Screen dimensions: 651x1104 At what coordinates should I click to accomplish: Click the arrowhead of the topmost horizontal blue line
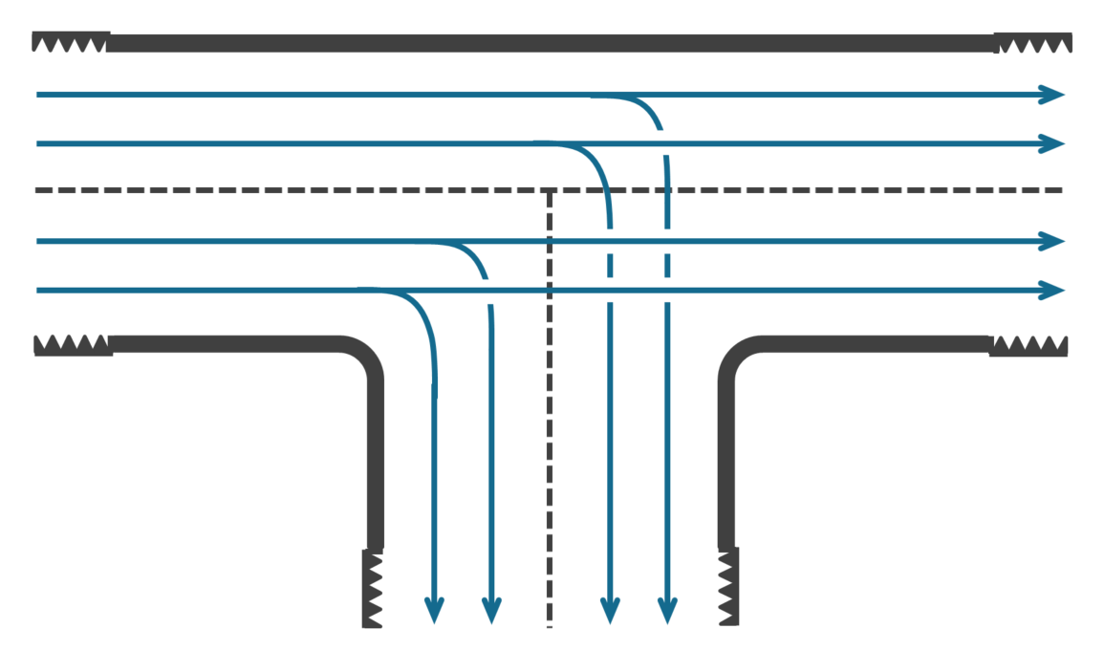[x=1053, y=95]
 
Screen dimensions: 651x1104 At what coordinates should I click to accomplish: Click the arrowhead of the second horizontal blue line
[x=1053, y=143]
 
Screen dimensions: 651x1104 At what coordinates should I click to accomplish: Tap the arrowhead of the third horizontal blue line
[x=1053, y=241]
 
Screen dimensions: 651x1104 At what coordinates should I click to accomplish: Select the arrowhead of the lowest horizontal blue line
[x=1053, y=290]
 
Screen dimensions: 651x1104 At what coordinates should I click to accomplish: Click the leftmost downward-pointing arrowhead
[x=434, y=610]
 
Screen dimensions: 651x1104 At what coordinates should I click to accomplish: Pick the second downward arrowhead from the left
[x=491, y=610]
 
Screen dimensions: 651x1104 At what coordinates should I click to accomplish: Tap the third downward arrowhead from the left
[x=610, y=610]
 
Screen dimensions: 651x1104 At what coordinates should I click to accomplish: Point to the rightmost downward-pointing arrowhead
[x=667, y=610]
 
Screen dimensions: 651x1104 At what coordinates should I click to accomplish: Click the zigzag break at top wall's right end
[x=1032, y=42]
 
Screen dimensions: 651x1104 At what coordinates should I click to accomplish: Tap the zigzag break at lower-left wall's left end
[x=73, y=344]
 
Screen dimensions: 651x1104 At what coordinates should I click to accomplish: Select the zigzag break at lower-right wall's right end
[x=1028, y=344]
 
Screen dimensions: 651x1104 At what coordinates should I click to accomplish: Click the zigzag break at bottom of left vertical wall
[x=373, y=589]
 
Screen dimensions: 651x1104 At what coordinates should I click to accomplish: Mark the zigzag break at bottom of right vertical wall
[x=728, y=587]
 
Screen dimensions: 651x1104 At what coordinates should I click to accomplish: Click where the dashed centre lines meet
[x=550, y=191]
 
